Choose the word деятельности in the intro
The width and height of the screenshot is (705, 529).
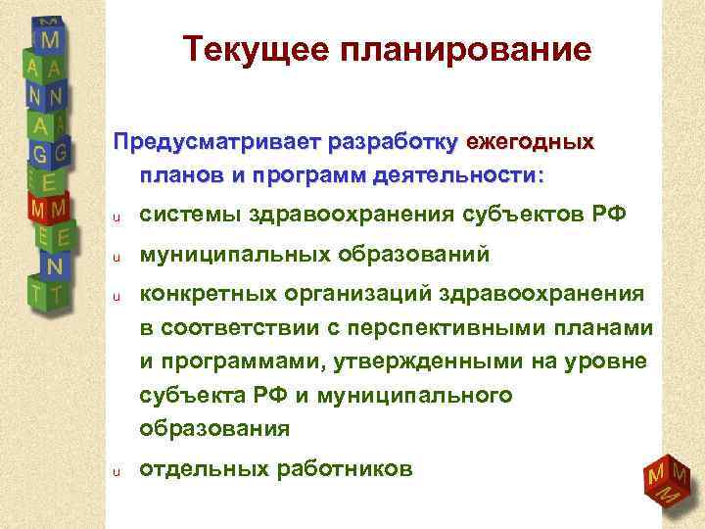pyautogui.click(x=462, y=177)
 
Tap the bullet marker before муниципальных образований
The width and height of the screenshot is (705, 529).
pyautogui.click(x=115, y=257)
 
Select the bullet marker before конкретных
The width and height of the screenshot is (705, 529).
pyautogui.click(x=115, y=295)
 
